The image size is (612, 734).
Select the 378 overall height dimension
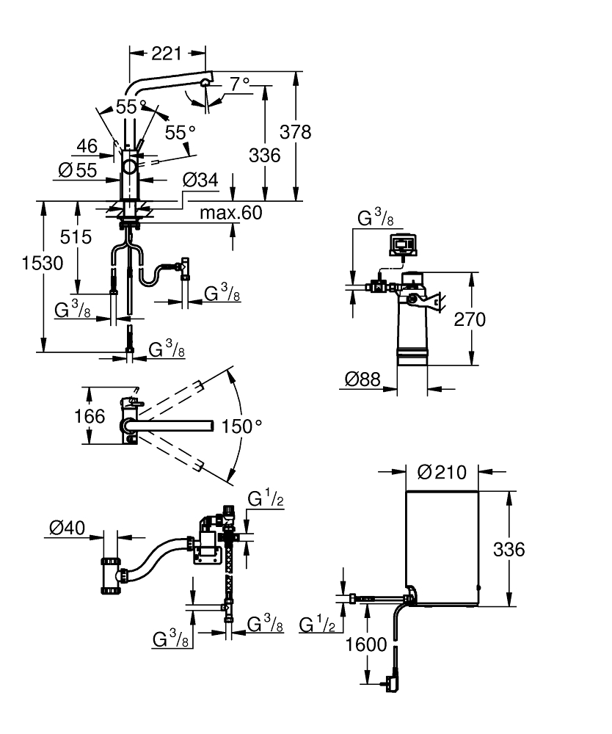[296, 132]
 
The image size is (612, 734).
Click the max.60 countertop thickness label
[230, 213]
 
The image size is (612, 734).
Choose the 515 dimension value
[76, 236]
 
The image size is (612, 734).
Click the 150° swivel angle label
[243, 426]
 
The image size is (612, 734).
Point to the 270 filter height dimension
[470, 319]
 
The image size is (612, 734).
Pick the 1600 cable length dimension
[365, 645]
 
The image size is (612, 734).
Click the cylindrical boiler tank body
[442, 547]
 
